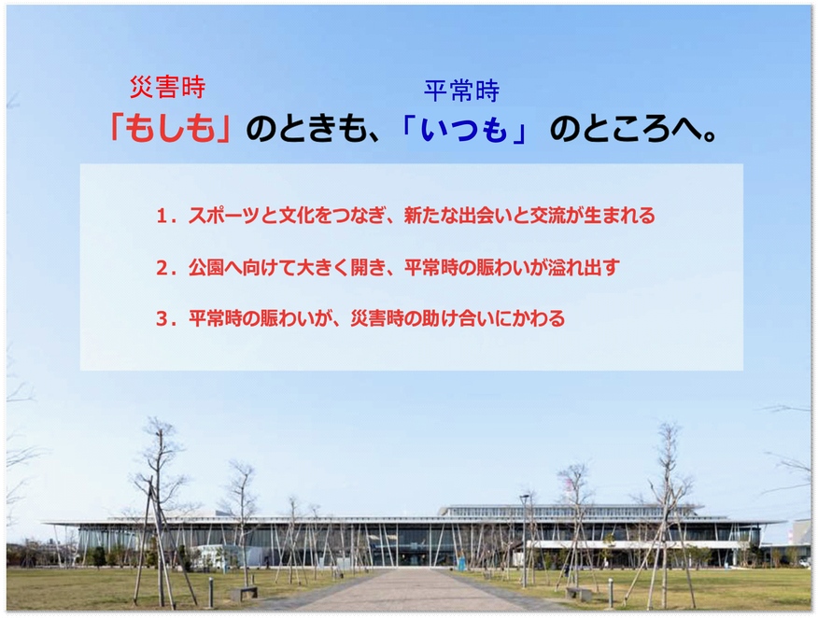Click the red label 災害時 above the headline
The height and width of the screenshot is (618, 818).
click(167, 87)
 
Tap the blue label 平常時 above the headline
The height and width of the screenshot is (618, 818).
click(461, 91)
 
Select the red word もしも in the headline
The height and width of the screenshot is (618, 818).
click(170, 128)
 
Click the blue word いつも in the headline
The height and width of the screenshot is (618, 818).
click(463, 129)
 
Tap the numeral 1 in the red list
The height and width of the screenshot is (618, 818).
click(162, 216)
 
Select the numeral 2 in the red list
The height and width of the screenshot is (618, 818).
click(162, 268)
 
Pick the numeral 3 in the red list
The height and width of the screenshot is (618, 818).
click(162, 318)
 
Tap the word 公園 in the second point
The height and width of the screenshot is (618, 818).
click(206, 268)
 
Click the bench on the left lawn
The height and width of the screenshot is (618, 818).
click(244, 593)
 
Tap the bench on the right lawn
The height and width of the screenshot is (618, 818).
click(579, 593)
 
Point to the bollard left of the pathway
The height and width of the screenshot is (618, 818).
click(211, 593)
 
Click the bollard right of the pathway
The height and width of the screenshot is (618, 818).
click(610, 593)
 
